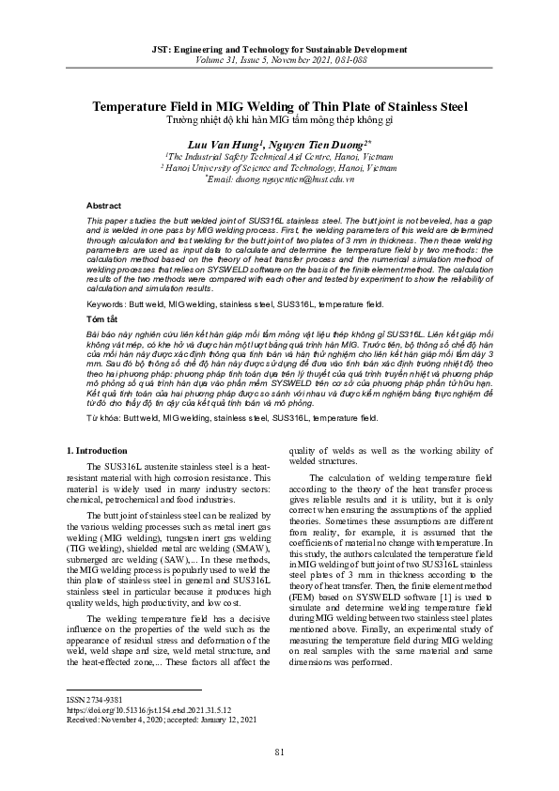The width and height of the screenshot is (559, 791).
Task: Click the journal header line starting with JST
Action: pos(279,46)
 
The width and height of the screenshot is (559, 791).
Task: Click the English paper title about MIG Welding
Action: pos(279,107)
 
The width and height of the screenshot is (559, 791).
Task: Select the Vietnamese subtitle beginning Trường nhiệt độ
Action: pos(279,121)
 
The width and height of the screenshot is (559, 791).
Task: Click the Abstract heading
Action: pos(103,205)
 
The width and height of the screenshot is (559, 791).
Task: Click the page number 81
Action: pos(279,777)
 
